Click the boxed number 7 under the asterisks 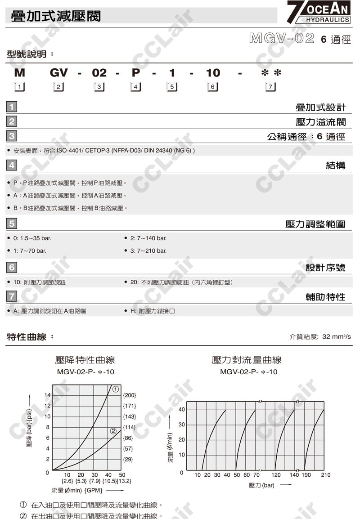pyautogui.click(x=270, y=87)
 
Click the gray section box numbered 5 pyautogui.click(x=12, y=224)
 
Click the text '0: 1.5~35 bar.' pyautogui.click(x=32, y=238)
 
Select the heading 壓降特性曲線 pyautogui.click(x=85, y=360)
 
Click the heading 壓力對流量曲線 pyautogui.click(x=247, y=360)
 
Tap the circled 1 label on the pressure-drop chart pyautogui.click(x=115, y=389)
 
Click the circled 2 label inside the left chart pyautogui.click(x=113, y=431)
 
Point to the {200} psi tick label pyautogui.click(x=129, y=395)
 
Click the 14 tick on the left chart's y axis pyautogui.click(x=47, y=395)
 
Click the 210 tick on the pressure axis pyautogui.click(x=325, y=475)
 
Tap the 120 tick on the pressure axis pyautogui.click(x=276, y=475)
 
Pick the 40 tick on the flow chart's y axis pyautogui.click(x=181, y=409)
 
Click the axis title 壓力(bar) pyautogui.click(x=261, y=485)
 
